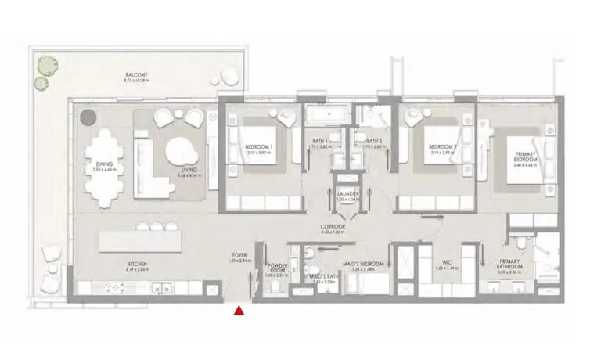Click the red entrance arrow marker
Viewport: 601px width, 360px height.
(238, 311)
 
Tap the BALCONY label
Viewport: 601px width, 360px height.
(135, 75)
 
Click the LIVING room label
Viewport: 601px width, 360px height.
(188, 170)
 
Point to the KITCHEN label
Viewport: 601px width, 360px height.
(137, 265)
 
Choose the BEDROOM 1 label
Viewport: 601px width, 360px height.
(257, 147)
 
